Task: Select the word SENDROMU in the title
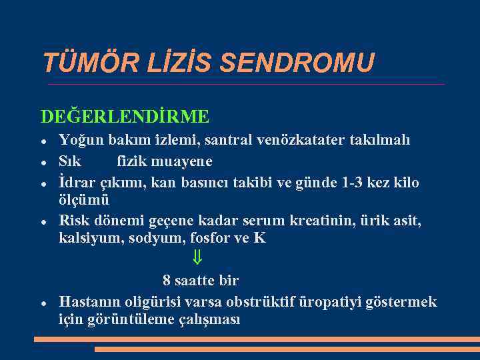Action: (x=297, y=63)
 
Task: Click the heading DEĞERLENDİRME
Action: (x=125, y=117)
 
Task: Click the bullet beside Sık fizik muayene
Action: (x=43, y=161)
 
